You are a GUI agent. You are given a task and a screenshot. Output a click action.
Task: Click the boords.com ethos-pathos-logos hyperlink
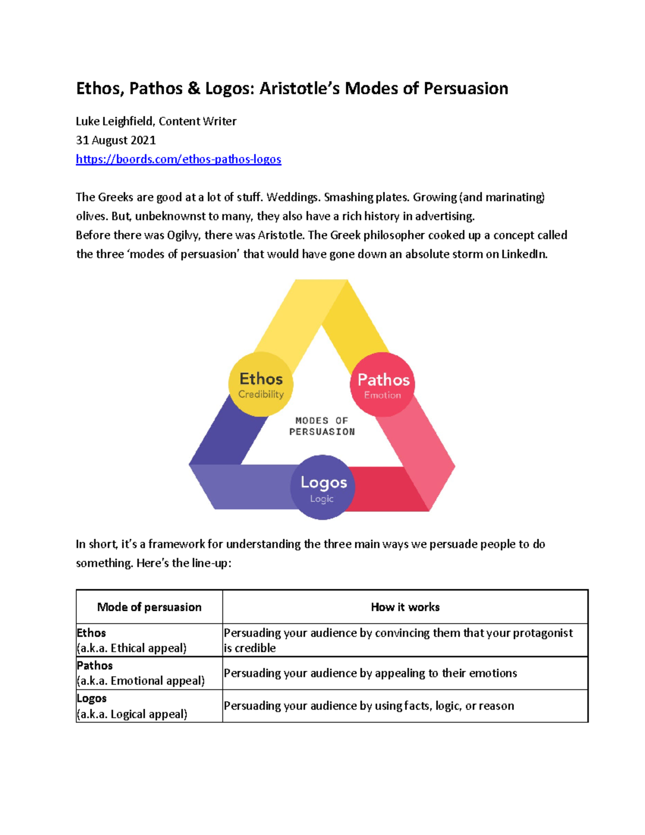coord(178,159)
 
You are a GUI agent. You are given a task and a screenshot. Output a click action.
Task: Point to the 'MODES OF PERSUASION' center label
coord(322,426)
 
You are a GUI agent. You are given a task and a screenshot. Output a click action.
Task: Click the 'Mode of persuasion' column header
coord(149,607)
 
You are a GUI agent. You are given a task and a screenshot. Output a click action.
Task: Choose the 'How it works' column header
coord(405,607)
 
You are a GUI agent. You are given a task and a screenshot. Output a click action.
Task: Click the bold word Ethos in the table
coord(91,633)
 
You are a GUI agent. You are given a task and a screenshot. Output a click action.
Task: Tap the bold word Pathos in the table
coord(95,666)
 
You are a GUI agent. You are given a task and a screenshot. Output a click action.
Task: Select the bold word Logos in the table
coord(91,698)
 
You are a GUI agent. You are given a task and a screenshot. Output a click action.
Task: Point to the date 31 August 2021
coord(116,140)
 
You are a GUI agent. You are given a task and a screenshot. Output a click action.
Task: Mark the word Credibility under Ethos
coord(261,394)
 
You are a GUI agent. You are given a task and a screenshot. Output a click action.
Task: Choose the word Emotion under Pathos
coord(382,395)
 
